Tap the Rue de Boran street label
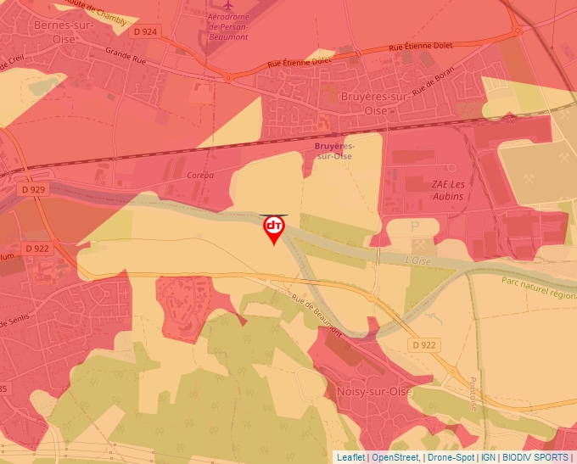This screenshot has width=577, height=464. click(428, 88)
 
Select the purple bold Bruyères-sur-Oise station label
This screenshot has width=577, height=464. click(333, 150)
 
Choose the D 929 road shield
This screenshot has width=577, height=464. click(32, 190)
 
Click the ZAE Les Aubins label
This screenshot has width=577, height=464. click(447, 190)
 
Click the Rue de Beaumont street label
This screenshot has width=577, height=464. click(317, 316)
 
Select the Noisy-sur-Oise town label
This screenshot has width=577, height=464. click(373, 391)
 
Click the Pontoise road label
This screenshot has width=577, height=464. click(471, 394)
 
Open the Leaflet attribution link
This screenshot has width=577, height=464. click(350, 457)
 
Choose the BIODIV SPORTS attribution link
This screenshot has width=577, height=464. click(535, 457)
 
